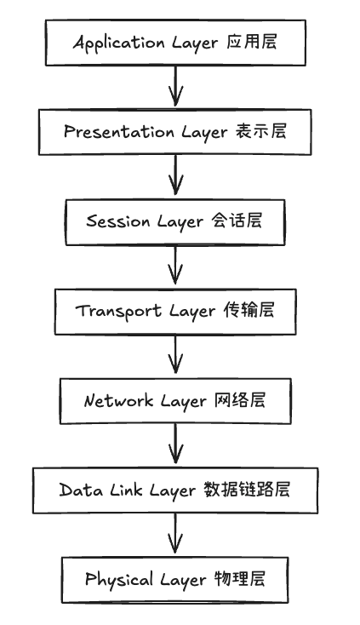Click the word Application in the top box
tap(118, 43)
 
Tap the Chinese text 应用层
tap(252, 42)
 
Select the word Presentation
tap(119, 131)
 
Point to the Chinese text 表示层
tap(260, 131)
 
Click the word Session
tap(118, 221)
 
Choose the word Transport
tap(118, 312)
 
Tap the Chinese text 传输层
tap(249, 310)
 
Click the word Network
tap(118, 400)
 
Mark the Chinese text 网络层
tap(240, 400)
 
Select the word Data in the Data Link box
tap(81, 490)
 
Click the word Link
tap(126, 490)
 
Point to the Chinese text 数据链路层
tap(247, 490)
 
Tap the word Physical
tap(118, 580)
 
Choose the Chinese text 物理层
tap(240, 578)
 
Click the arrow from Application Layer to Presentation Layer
tap(175, 86)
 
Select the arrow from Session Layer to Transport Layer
tap(175, 265)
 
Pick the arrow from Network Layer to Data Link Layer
tap(175, 444)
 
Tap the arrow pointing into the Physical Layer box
tap(175, 533)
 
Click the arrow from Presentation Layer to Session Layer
tap(175, 175)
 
